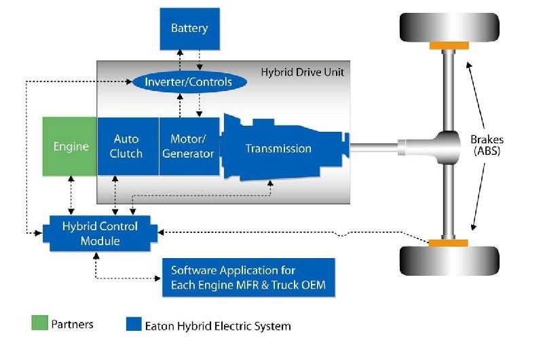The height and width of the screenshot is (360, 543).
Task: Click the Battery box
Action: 189,29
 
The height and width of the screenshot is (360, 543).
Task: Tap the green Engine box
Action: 71,147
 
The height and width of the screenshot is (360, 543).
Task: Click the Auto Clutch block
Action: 128,147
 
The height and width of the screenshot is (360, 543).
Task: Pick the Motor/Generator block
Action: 189,147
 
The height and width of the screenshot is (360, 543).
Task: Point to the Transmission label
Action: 278,148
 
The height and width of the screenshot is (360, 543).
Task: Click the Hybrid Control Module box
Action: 100,233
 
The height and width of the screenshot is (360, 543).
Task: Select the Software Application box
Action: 248,278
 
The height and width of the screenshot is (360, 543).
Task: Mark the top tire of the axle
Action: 449,26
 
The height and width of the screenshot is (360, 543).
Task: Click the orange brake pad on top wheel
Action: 449,46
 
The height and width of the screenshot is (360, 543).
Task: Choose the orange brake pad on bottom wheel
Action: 449,242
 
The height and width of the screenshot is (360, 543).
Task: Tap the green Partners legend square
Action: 40,324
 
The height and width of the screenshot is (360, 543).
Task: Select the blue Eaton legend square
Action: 134,325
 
